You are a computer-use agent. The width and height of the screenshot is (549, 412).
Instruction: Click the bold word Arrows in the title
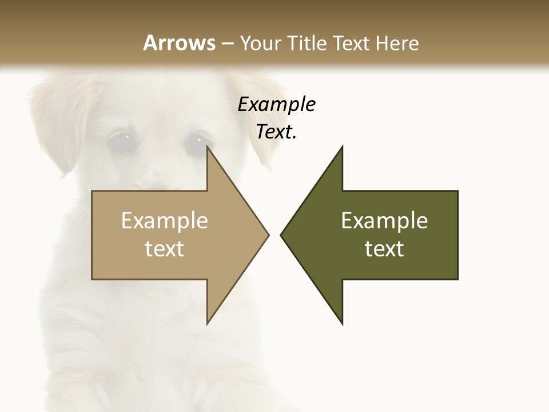179,43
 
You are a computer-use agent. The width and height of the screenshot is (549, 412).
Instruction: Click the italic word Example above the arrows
276,105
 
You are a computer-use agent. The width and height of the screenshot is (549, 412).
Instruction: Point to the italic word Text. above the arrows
276,132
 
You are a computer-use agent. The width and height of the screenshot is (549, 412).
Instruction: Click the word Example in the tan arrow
165,221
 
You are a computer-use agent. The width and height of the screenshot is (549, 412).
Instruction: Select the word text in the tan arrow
165,249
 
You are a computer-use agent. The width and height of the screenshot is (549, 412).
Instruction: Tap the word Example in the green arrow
384,221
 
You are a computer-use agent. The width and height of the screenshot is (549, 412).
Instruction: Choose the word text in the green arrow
384,249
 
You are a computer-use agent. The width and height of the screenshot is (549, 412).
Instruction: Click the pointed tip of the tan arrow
268,235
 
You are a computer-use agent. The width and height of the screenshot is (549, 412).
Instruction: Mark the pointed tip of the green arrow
281,235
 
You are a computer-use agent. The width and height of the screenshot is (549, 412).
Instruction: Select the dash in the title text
227,44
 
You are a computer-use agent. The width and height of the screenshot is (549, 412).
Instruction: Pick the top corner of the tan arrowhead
207,146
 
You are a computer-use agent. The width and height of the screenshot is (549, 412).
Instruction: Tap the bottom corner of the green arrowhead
342,324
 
